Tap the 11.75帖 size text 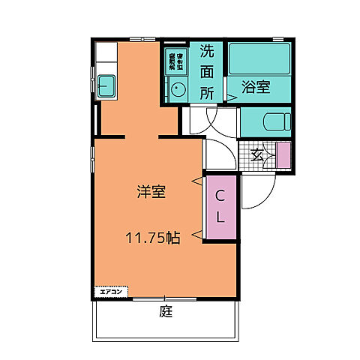point(151,238)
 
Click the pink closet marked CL point(221,207)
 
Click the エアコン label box point(112,290)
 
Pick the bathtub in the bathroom point(260,58)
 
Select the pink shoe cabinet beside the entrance point(283,154)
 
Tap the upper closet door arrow point(197,181)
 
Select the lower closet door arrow point(197,236)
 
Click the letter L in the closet point(221,217)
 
